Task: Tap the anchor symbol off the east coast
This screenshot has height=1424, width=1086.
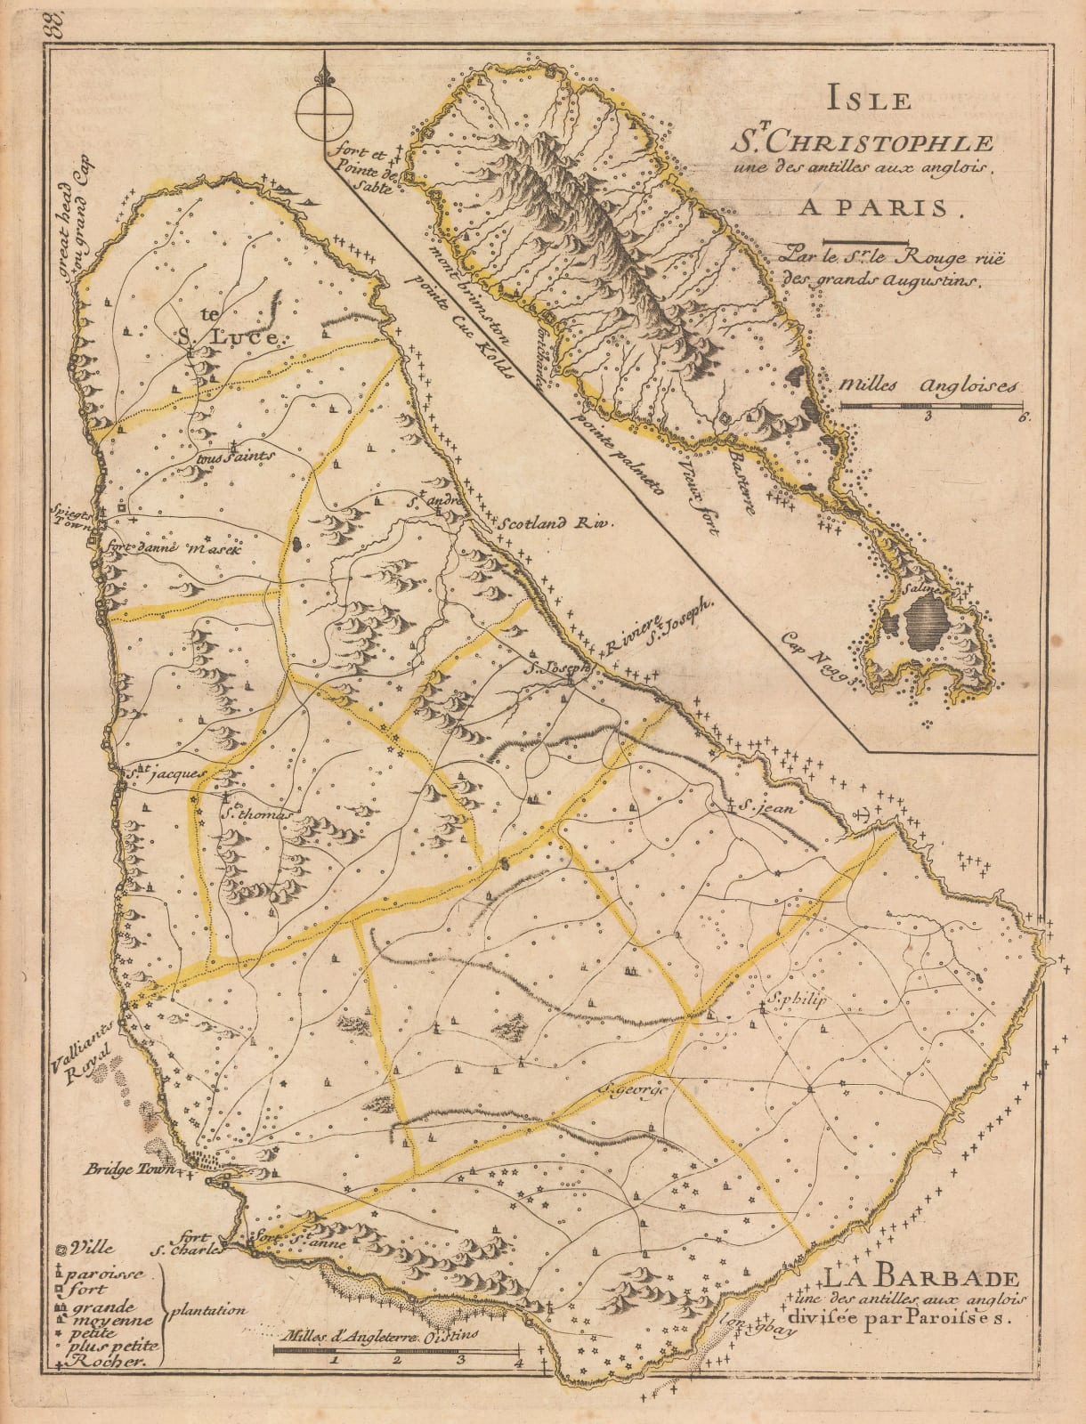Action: pos(861,812)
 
